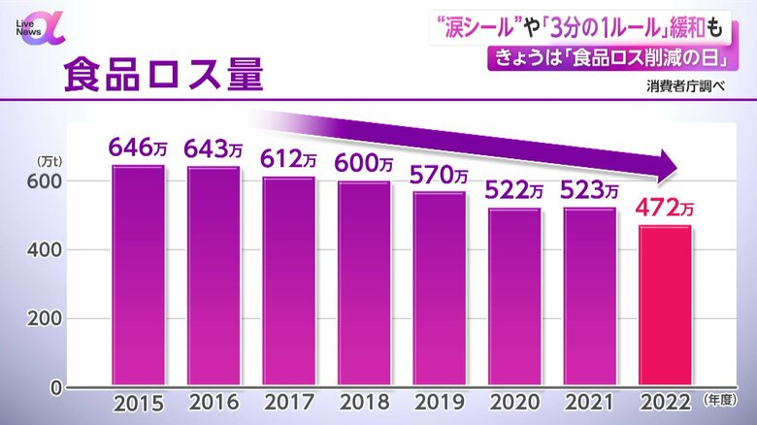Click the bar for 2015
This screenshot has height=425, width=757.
pyautogui.click(x=138, y=277)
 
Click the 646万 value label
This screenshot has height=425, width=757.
pyautogui.click(x=137, y=148)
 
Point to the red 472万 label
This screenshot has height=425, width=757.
pyautogui.click(x=665, y=208)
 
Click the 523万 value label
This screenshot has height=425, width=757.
pyautogui.click(x=589, y=189)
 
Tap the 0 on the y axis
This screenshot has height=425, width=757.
pyautogui.click(x=56, y=387)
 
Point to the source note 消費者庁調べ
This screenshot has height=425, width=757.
pyautogui.click(x=687, y=84)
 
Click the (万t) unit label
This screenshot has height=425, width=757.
pyautogui.click(x=49, y=160)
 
